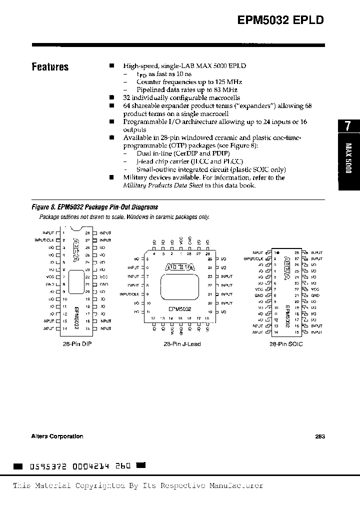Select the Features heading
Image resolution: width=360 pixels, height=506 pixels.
pos(50,67)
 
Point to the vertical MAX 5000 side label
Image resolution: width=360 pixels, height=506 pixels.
pos(348,158)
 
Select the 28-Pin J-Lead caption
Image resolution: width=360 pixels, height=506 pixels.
pos(182,344)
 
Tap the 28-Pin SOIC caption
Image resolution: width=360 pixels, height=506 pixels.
pos(286,344)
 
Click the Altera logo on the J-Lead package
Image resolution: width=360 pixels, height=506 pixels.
pos(180,268)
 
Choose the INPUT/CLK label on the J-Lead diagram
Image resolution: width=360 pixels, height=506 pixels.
pos(129,294)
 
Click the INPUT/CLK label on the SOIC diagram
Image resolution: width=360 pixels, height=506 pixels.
pos(254,259)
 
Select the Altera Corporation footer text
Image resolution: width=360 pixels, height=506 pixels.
pos(57,436)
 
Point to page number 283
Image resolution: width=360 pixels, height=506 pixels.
pos(320,436)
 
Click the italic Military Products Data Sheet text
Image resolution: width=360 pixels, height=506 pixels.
pos(162,185)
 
